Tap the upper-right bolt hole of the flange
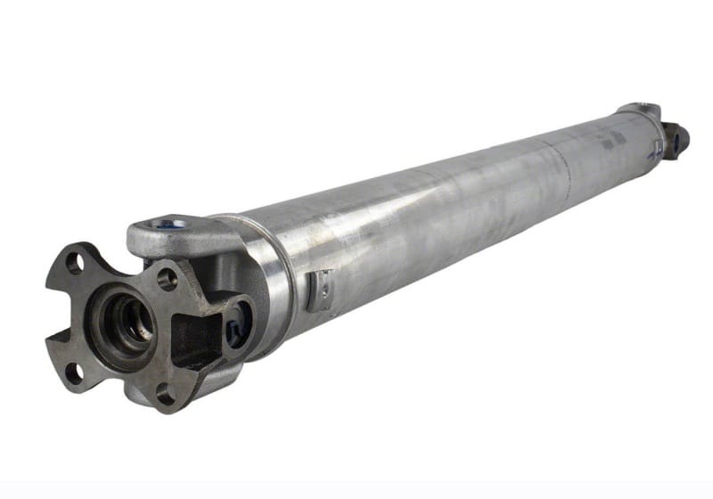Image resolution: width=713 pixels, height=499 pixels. [x=167, y=279]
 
